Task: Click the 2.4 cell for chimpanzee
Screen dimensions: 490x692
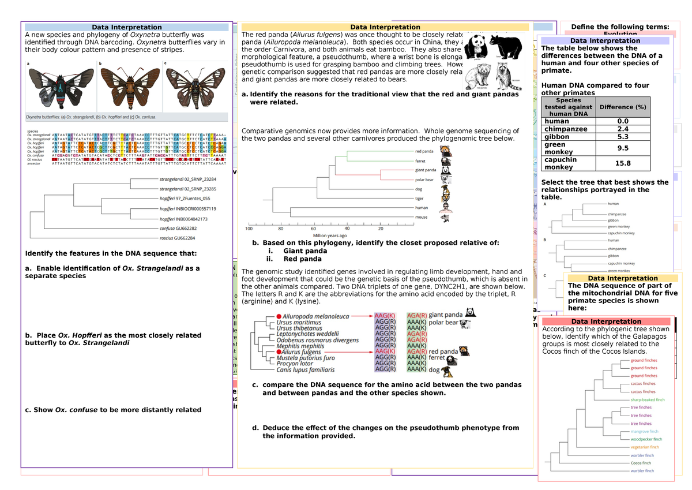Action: [622, 129]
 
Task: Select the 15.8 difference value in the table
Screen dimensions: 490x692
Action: [622, 163]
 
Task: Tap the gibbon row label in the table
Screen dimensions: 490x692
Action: [556, 137]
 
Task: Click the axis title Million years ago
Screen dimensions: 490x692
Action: [330, 235]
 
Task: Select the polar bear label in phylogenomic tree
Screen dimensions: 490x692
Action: [424, 179]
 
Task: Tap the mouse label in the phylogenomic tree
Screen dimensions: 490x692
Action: [422, 217]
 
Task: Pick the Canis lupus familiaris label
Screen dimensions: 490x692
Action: [306, 370]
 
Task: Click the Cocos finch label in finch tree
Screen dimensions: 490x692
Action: [641, 463]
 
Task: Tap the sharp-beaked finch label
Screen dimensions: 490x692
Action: [647, 399]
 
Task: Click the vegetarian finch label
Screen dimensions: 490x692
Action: [644, 447]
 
